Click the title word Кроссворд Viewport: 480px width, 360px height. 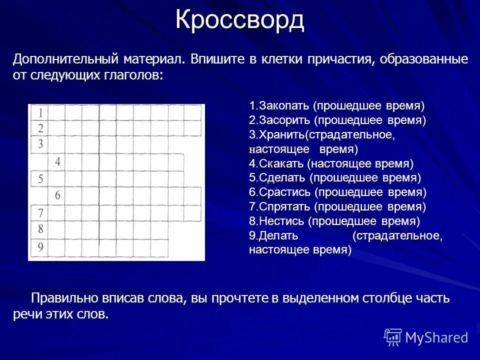coord(239,20)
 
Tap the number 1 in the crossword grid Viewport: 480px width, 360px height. coord(39,111)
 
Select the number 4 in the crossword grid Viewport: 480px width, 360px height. coord(57,162)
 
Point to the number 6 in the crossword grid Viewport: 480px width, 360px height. coord(57,195)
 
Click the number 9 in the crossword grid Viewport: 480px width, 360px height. coord(40,246)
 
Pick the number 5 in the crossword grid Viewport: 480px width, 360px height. coord(39,179)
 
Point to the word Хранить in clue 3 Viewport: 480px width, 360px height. coord(280,135)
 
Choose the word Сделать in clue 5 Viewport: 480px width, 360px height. coord(281,178)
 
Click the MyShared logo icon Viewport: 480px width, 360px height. coord(393,337)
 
